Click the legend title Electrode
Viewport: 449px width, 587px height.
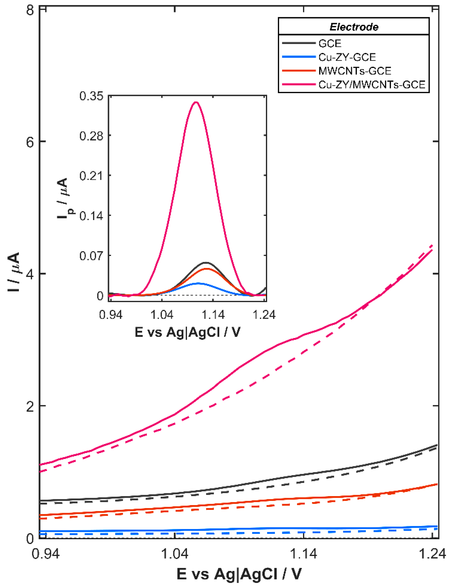pos(354,27)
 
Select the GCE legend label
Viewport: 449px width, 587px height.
pos(330,43)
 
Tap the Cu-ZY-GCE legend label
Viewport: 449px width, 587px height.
pos(347,57)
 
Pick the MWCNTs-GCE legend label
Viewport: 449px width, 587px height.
pos(355,71)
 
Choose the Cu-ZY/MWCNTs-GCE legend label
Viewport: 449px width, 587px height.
pos(371,85)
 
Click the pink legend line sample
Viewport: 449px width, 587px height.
pos(299,85)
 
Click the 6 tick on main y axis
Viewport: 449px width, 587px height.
pos(30,142)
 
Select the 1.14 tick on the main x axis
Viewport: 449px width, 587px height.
pos(304,554)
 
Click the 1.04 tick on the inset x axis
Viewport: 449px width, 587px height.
pos(162,315)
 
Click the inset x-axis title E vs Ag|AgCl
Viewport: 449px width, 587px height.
pos(187,332)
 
